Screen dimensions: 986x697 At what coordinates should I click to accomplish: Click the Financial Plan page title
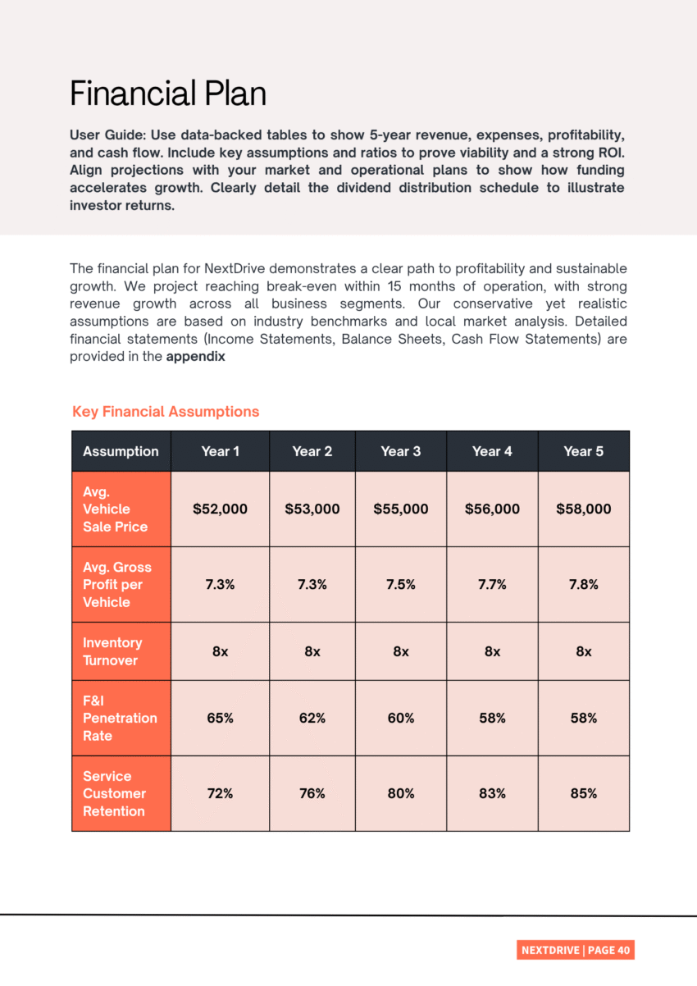click(x=168, y=94)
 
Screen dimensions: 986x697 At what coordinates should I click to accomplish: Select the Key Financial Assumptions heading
click(x=166, y=412)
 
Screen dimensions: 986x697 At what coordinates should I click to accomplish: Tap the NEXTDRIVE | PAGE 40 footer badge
click(x=576, y=950)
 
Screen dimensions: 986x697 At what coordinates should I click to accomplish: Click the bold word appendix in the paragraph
click(x=196, y=357)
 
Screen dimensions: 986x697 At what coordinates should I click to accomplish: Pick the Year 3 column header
click(x=401, y=451)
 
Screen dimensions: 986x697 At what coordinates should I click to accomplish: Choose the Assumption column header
click(x=121, y=451)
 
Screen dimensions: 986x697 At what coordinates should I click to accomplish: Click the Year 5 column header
click(x=583, y=451)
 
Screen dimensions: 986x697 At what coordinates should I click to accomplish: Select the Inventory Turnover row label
click(x=112, y=651)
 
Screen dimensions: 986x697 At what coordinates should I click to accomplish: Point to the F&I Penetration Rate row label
click(x=120, y=718)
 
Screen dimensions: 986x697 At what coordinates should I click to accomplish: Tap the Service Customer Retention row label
click(x=114, y=793)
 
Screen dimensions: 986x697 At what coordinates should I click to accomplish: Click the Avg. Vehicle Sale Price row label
click(x=115, y=509)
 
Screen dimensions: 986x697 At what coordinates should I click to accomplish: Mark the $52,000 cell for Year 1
click(x=220, y=509)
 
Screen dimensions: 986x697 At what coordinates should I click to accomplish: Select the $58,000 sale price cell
click(x=583, y=509)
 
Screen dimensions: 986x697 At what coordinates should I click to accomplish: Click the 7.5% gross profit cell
click(x=401, y=585)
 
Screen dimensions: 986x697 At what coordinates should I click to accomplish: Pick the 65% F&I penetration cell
click(x=220, y=718)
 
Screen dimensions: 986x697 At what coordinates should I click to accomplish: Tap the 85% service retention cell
click(x=583, y=793)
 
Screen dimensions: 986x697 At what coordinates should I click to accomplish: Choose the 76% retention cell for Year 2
click(x=312, y=793)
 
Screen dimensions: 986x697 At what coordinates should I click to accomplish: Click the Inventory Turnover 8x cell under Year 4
click(x=492, y=651)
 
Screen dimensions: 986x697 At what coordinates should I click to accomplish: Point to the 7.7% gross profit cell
click(x=492, y=585)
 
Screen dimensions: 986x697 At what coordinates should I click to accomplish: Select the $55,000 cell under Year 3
click(x=401, y=509)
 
